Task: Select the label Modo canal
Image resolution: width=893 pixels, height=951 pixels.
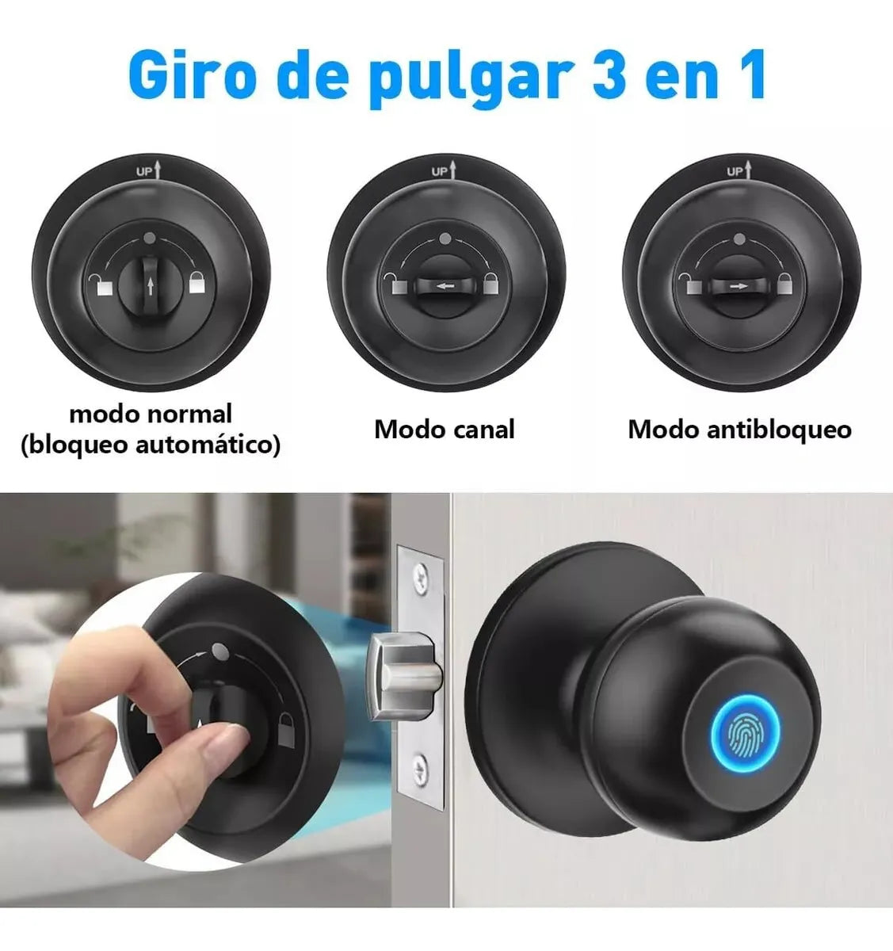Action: [x=444, y=430]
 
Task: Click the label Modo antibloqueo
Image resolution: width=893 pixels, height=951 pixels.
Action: [x=739, y=430]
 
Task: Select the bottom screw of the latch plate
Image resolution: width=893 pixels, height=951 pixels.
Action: [x=420, y=766]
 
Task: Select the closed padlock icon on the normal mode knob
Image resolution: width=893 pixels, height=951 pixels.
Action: [x=197, y=282]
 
